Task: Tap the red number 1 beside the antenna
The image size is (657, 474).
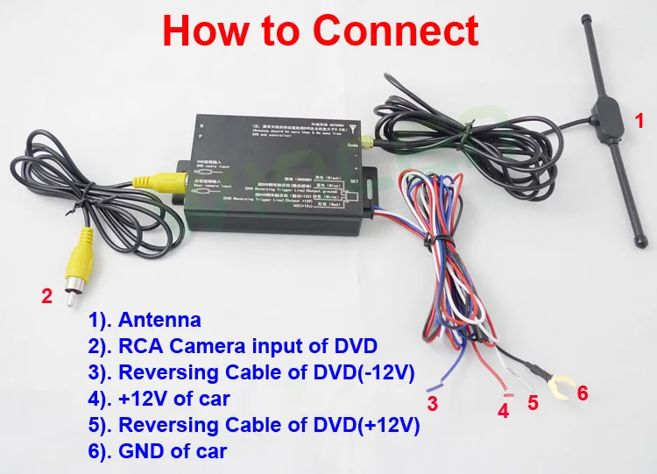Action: pyautogui.click(x=639, y=118)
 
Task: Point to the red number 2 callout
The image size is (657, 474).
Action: pyautogui.click(x=48, y=296)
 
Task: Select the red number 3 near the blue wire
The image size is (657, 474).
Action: pyautogui.click(x=432, y=403)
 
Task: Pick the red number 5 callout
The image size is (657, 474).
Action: pyautogui.click(x=531, y=404)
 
